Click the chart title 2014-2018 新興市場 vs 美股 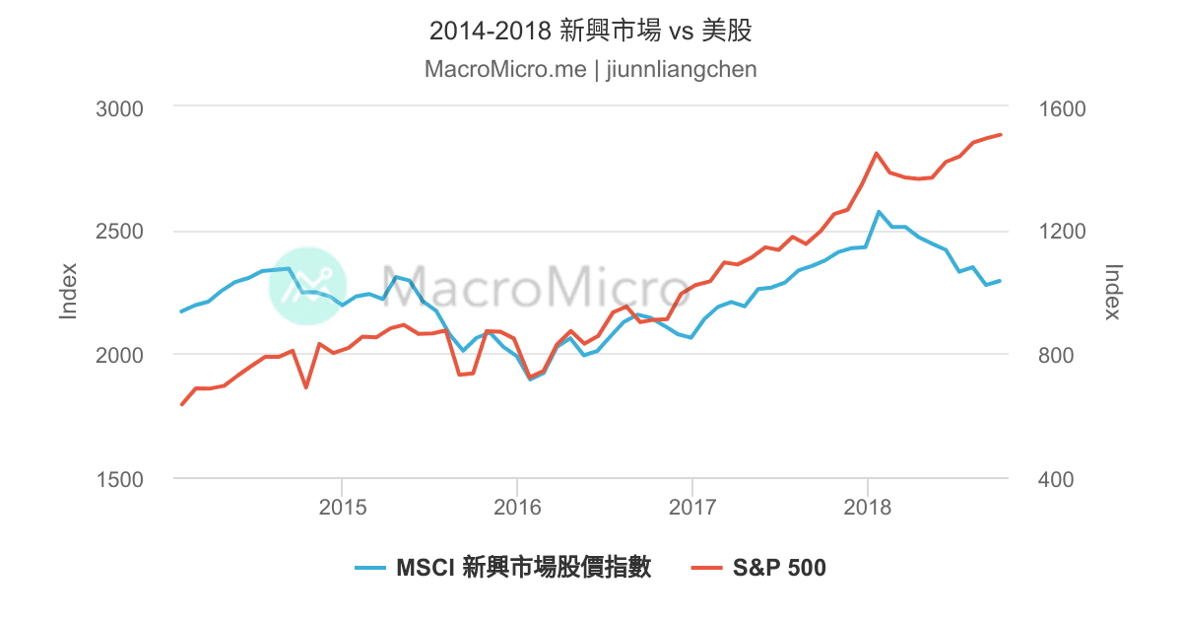coord(590,31)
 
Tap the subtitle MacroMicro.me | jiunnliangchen coord(590,69)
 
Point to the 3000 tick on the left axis coord(119,109)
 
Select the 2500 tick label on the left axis coord(119,232)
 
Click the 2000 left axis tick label coord(119,356)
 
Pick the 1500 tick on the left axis coord(119,479)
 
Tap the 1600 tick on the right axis coord(1062,109)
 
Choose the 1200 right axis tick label coord(1062,232)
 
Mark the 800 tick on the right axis coord(1055,356)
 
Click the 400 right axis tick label coord(1055,479)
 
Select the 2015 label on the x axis coord(343,508)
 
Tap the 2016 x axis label coord(517,508)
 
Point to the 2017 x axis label coord(692,508)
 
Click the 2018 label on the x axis coord(867,508)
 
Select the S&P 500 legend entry coord(758,568)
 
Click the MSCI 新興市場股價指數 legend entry coord(503,568)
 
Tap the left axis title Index coord(68,291)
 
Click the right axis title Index coord(1113,292)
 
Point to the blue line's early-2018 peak coord(879,212)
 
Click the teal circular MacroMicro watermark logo coord(307,286)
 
